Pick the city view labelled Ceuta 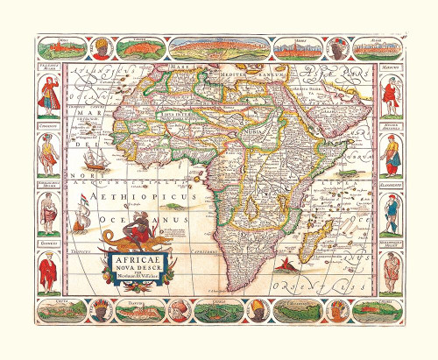click(66, 308)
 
